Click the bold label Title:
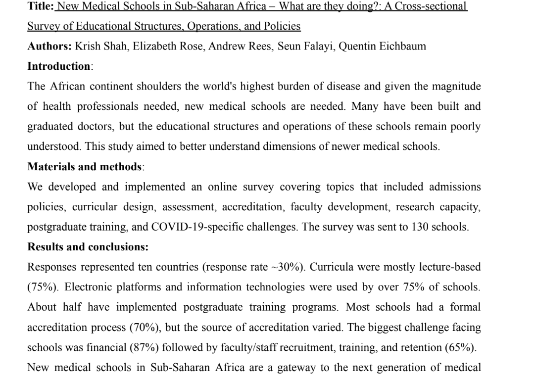click(x=41, y=6)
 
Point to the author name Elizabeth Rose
click(x=165, y=46)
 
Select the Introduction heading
click(x=58, y=66)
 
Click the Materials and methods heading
click(x=85, y=167)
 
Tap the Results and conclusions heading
click(x=88, y=247)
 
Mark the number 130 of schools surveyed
click(x=420, y=227)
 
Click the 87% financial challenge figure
click(x=144, y=347)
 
